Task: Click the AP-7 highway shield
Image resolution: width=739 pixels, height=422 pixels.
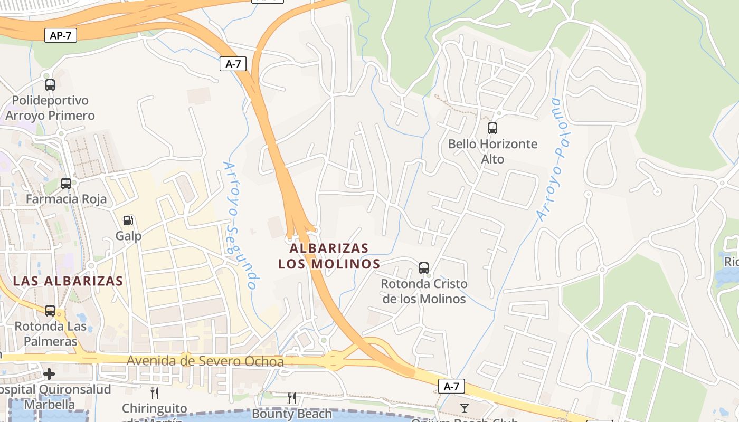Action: (x=61, y=36)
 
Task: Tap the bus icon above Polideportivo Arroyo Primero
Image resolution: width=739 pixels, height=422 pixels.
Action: (x=50, y=84)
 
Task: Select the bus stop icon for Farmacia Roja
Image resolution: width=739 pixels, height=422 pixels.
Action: (x=66, y=184)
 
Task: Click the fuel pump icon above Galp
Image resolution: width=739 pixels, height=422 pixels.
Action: (x=128, y=220)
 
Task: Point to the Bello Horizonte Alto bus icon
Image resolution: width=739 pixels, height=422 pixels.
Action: (x=492, y=128)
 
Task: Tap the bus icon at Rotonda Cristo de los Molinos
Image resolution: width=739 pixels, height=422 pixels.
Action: (x=424, y=267)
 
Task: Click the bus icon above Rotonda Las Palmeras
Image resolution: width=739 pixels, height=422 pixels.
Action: (x=50, y=311)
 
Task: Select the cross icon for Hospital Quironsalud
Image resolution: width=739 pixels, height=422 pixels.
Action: (x=49, y=374)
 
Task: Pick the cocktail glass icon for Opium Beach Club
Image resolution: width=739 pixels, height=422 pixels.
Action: (x=465, y=408)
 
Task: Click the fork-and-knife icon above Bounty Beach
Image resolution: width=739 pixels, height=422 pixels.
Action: (x=292, y=398)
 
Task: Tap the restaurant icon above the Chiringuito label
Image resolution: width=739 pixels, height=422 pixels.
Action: (x=155, y=393)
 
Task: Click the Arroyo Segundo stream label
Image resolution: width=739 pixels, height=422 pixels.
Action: (x=241, y=225)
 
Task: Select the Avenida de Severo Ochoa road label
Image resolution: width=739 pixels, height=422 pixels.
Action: (x=205, y=361)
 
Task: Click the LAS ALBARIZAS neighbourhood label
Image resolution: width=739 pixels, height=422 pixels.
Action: (x=68, y=281)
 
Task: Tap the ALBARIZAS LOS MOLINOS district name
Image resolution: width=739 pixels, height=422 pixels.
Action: (x=329, y=256)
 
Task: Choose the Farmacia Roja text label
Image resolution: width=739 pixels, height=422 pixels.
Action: (x=66, y=199)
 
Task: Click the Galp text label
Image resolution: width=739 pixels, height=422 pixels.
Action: (x=128, y=236)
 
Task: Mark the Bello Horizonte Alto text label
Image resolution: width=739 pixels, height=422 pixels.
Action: (x=492, y=151)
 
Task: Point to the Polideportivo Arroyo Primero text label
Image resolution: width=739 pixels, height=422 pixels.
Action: (x=50, y=108)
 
